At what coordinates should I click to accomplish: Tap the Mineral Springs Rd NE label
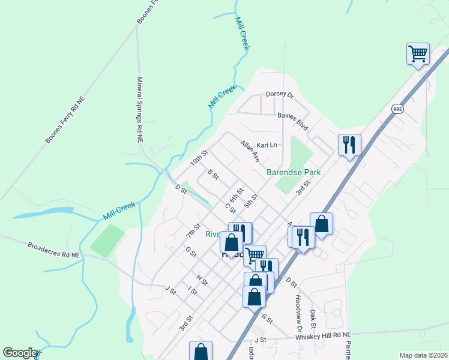pos(139,110)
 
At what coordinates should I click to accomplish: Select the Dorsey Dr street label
pos(279,95)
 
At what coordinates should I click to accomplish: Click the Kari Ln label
pos(267,145)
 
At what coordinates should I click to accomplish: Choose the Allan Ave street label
pos(249,152)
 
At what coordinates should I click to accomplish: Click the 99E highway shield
pos(397,109)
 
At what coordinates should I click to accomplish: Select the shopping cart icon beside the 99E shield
pos(418,54)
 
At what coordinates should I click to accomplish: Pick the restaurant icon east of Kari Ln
pos(349,145)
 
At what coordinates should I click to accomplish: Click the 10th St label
pos(199,158)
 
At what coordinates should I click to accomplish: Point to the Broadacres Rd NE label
pos(53,250)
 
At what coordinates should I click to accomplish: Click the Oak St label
pos(313,319)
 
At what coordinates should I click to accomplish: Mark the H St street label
pos(202,280)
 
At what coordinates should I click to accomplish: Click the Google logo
pos(20,353)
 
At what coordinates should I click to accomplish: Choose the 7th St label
pos(192,230)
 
